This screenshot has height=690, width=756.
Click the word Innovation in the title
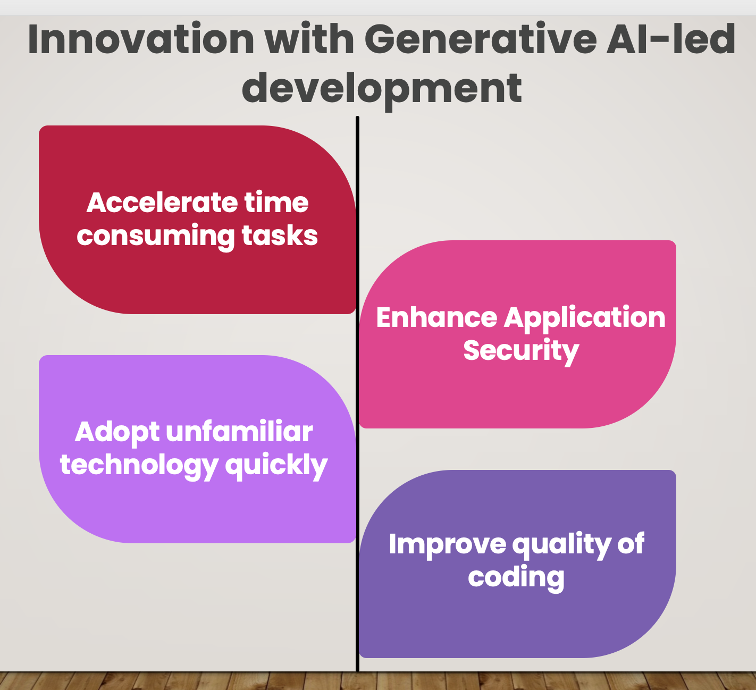(141, 39)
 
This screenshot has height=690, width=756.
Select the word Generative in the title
(481, 39)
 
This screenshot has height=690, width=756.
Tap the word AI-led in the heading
(671, 39)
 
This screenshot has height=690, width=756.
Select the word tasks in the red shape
(280, 235)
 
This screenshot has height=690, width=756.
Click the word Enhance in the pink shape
(437, 317)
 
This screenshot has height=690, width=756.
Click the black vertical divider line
(357, 393)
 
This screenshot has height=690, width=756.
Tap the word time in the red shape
(276, 203)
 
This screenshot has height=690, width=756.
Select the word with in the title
(309, 39)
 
